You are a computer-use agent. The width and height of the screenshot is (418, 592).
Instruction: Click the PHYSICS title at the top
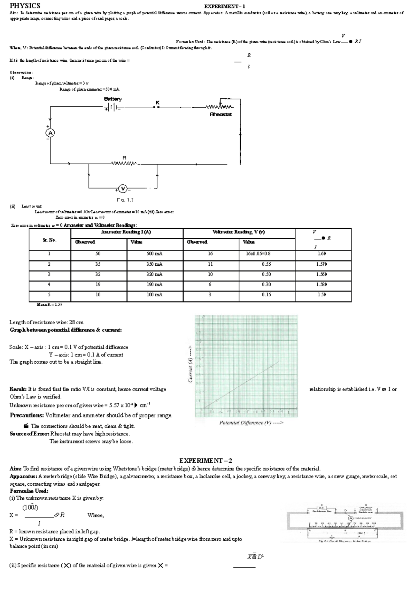[25, 6]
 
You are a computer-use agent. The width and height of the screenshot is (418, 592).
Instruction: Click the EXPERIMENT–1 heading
[225, 6]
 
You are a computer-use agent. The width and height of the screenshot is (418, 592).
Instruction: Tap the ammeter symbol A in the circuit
[50, 133]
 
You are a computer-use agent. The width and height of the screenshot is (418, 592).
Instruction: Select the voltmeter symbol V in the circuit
[123, 189]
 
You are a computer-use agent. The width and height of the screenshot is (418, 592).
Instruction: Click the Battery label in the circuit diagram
[113, 99]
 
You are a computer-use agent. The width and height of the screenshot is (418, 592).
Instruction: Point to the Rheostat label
[221, 114]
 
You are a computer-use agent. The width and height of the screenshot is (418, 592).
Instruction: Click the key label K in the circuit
[157, 102]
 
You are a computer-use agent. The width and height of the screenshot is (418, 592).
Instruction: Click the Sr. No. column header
[49, 240]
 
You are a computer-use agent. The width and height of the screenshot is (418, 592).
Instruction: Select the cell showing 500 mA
[154, 254]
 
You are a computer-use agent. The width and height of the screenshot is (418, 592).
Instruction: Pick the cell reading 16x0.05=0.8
[258, 254]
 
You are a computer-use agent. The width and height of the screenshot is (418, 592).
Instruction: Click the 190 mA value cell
[154, 284]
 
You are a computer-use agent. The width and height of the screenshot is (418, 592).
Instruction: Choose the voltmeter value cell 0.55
[266, 264]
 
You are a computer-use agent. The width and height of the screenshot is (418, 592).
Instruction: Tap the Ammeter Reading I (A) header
[126, 232]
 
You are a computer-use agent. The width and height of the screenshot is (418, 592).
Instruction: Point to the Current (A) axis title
[190, 364]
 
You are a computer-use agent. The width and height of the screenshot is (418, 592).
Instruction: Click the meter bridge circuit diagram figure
[345, 523]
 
